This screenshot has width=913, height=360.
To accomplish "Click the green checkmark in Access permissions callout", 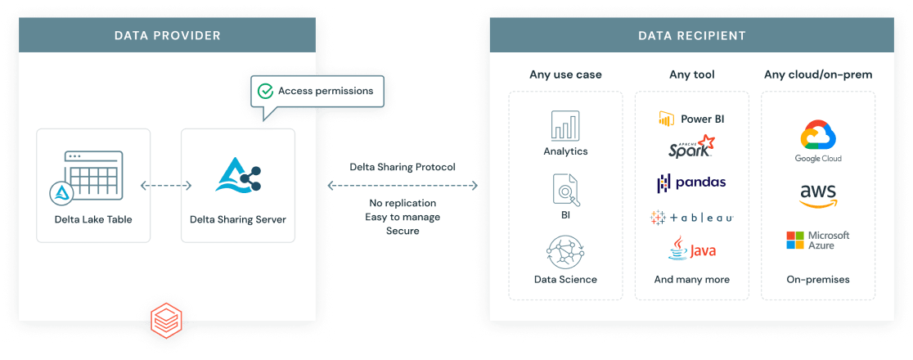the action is [266, 91].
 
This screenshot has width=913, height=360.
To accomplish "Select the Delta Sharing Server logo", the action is [238, 174].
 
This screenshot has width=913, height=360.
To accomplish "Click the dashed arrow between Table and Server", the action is [166, 186].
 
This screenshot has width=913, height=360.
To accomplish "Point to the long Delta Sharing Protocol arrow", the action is [403, 186].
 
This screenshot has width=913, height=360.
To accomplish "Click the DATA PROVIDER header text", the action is [168, 35].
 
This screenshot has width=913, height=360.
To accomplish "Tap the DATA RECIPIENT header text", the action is [692, 35].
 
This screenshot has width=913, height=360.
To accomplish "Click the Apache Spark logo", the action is [692, 146].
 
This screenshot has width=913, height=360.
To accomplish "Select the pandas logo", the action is [692, 183].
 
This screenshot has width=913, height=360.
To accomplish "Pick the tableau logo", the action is [692, 218].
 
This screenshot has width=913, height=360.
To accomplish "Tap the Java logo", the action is [692, 248].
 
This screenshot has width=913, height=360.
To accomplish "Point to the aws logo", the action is [818, 196].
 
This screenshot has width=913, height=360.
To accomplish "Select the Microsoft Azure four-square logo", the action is [795, 240].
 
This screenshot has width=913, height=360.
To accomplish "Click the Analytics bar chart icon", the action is [565, 125].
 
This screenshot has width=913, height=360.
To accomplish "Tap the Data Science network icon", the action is [565, 252].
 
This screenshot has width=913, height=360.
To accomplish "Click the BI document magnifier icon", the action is [565, 189].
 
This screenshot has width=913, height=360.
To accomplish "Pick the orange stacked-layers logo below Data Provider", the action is [166, 320].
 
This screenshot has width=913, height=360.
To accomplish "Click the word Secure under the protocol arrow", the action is [403, 231].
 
